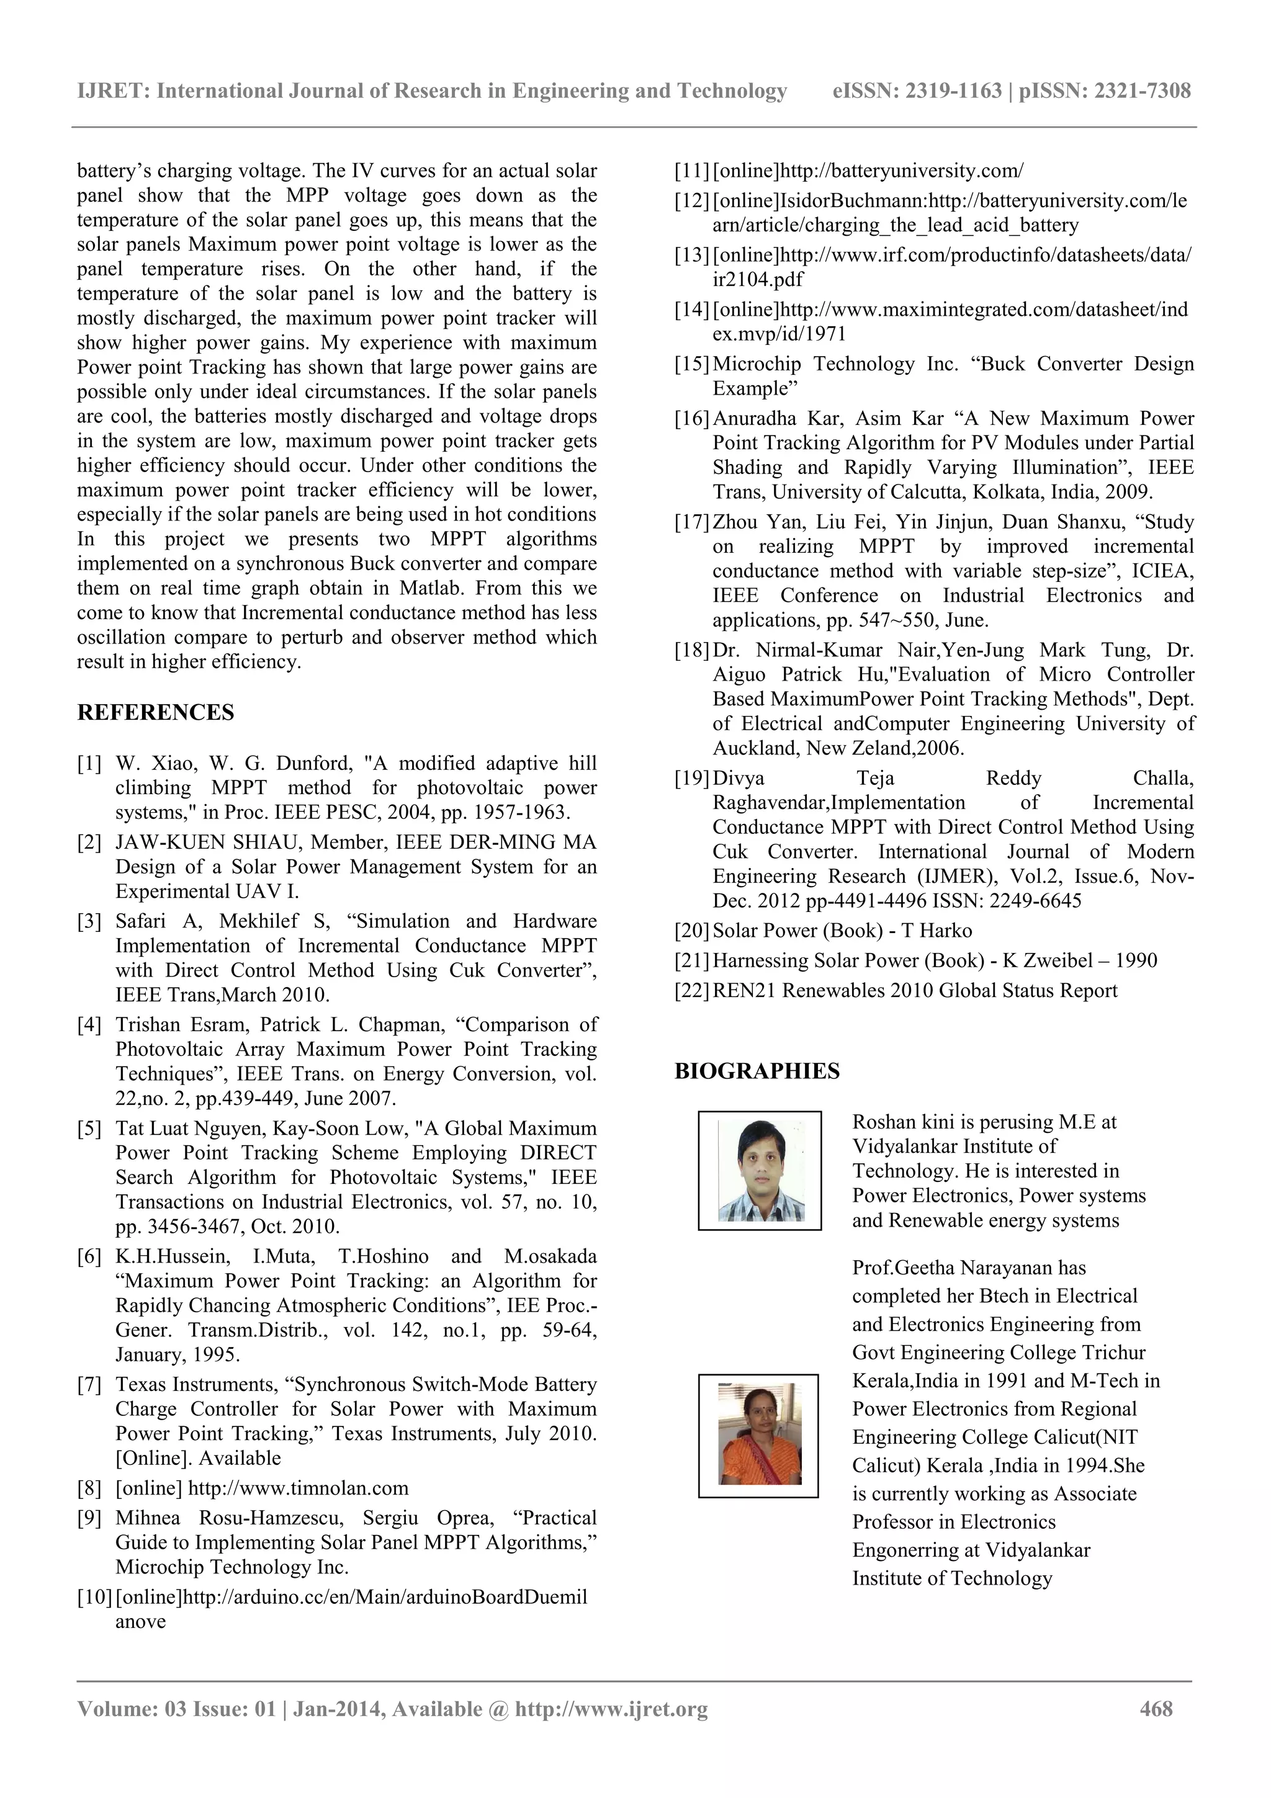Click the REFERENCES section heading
pos(155,713)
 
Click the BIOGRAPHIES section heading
pos(757,1071)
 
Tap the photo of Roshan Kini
pos(760,1171)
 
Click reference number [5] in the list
pos(89,1129)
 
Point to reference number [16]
pos(691,419)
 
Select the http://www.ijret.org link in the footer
pos(611,1709)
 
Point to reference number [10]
pos(95,1598)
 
